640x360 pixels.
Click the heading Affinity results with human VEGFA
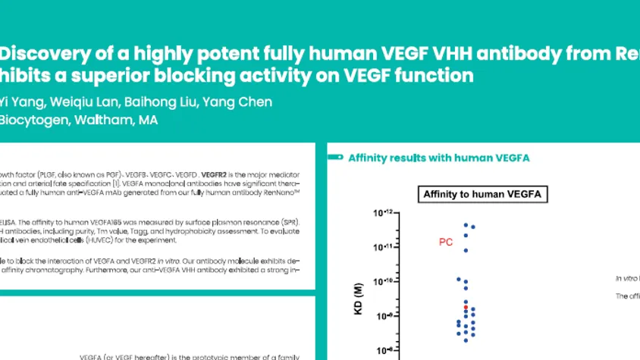tap(438, 158)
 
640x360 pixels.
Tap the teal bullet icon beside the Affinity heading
tap(334, 158)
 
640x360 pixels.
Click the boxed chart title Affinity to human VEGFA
tap(485, 195)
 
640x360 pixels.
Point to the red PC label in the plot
tap(447, 242)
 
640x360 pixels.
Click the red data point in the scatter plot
tap(466, 308)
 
